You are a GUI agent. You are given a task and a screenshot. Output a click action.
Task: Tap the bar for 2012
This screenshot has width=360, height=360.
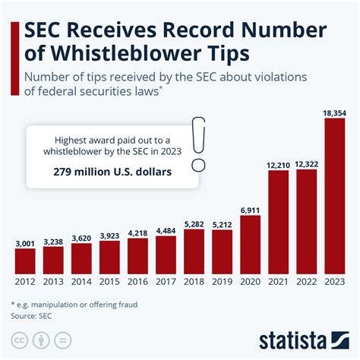pos(25,261)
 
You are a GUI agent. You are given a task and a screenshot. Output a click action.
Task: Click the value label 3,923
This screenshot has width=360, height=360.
pos(109,235)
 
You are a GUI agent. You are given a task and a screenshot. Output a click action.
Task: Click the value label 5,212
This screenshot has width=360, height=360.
pos(222,224)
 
